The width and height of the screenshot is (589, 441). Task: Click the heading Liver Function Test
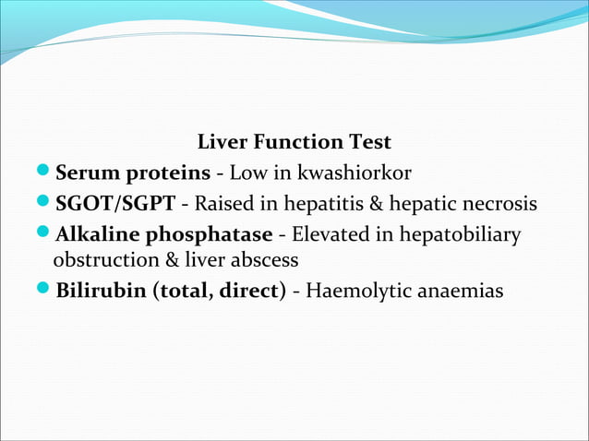(x=294, y=143)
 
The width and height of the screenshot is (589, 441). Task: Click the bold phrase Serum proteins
(x=133, y=173)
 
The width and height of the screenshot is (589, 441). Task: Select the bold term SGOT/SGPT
(x=115, y=203)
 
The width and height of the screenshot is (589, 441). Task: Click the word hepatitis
(x=313, y=203)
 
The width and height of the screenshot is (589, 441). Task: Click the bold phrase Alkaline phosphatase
(x=163, y=233)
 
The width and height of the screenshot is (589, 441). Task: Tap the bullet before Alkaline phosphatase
(x=46, y=233)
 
